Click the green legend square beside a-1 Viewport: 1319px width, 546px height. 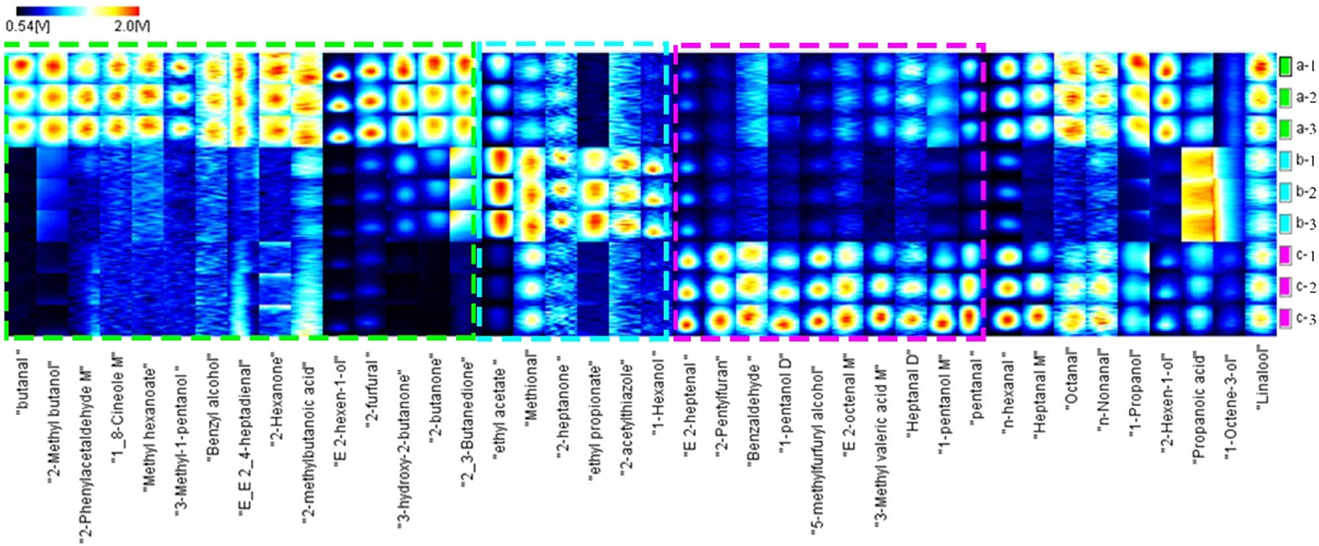pyautogui.click(x=1285, y=66)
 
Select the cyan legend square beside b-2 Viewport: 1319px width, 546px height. pyautogui.click(x=1285, y=192)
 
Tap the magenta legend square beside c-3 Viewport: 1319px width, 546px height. pyautogui.click(x=1285, y=319)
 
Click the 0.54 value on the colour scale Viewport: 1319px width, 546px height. pyautogui.click(x=27, y=26)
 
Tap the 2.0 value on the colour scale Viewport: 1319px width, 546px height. pyautogui.click(x=132, y=26)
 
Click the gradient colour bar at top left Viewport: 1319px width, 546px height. pyautogui.click(x=77, y=11)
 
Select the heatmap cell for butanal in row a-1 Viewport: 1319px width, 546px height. pyautogui.click(x=20, y=67)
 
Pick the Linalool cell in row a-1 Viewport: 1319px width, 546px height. pyautogui.click(x=1262, y=67)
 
